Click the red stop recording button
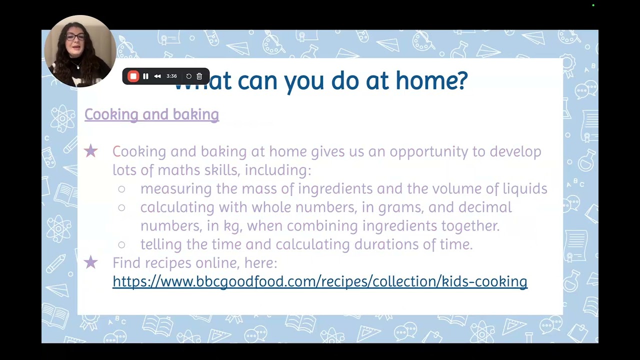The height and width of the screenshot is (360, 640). tap(133, 76)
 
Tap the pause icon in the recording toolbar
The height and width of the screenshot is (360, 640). tap(145, 76)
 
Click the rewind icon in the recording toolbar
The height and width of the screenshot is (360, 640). tap(157, 76)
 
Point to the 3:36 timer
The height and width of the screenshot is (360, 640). tap(171, 76)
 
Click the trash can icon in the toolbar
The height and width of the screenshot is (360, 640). tap(199, 76)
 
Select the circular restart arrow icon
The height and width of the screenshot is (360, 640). tap(188, 76)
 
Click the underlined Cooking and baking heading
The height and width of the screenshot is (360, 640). tap(151, 114)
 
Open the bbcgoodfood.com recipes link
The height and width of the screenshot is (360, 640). tap(319, 281)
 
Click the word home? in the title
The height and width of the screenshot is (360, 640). tap(431, 81)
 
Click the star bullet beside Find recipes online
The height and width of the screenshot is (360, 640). tap(90, 262)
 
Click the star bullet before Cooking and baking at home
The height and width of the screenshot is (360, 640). tap(90, 151)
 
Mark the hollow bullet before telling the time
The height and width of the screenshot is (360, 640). tap(121, 244)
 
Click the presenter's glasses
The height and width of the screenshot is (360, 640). tap(75, 36)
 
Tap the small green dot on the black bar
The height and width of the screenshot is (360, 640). tap(593, 5)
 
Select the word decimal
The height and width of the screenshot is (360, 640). tap(485, 207)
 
